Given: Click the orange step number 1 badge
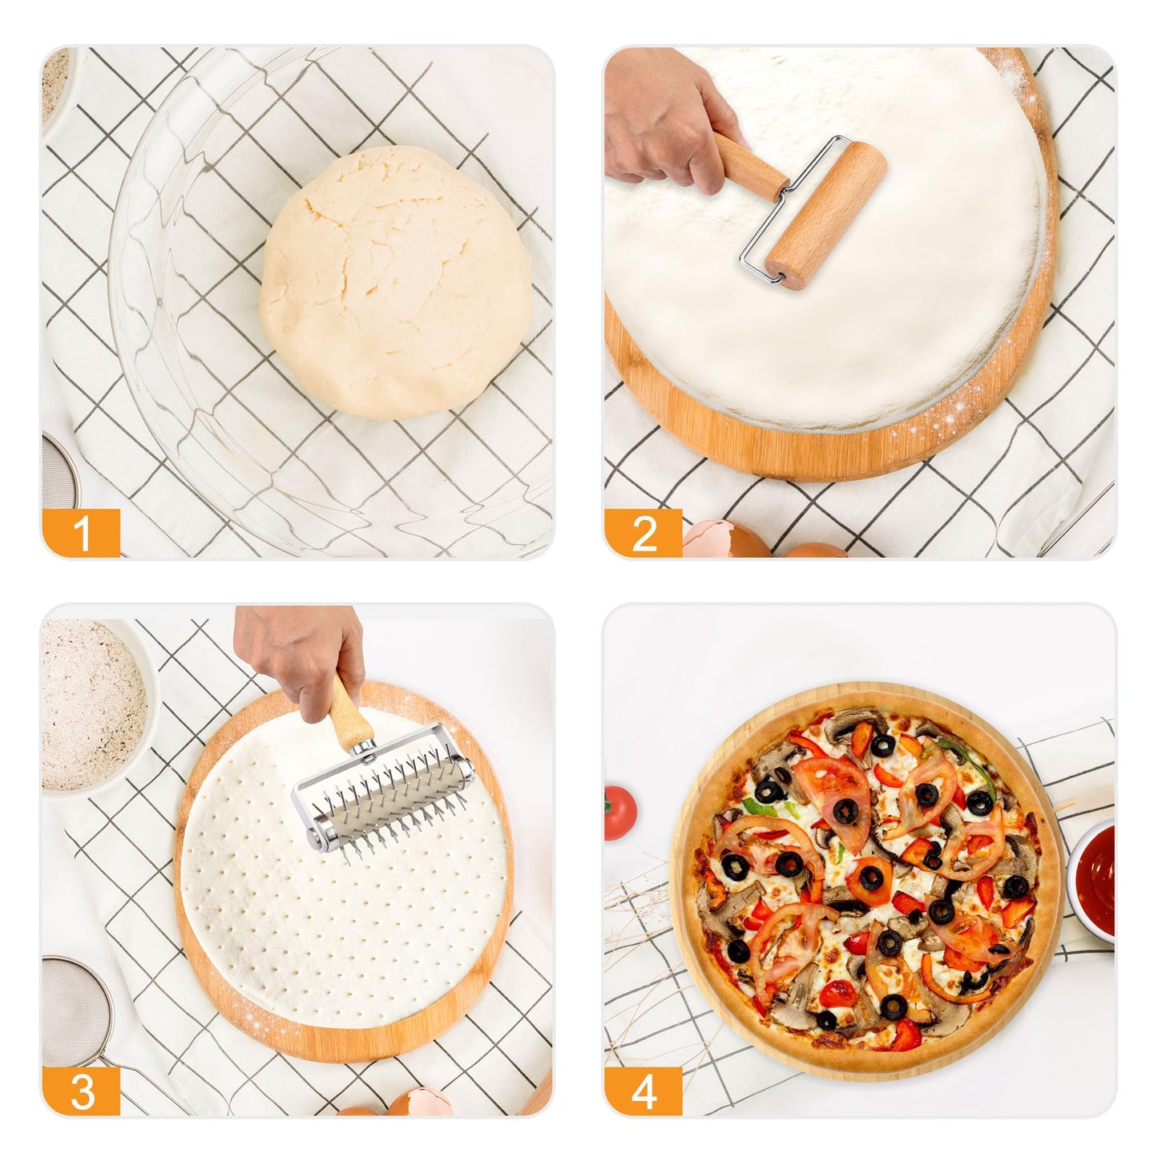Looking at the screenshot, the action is coord(81,533).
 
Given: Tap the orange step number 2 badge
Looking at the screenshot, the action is coord(644,533).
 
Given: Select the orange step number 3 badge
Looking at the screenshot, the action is coord(81,1091).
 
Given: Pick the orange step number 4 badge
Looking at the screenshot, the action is coord(644,1091).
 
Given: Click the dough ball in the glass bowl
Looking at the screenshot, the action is coord(397,281).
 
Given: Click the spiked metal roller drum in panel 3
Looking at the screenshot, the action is coord(385,793).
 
